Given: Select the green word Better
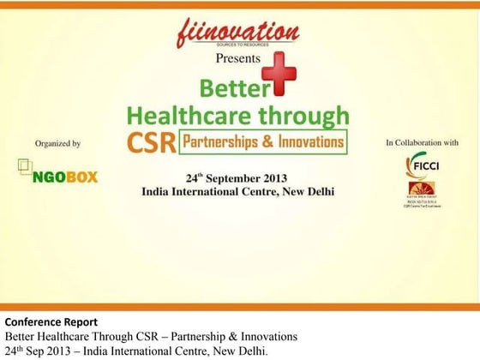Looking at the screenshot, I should click(x=230, y=89).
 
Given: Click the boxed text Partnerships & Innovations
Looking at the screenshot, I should click(x=262, y=141).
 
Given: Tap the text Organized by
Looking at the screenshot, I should click(x=57, y=144).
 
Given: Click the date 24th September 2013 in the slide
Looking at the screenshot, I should click(x=239, y=177).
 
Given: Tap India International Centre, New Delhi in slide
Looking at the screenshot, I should click(x=238, y=191).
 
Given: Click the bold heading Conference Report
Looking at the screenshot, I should click(x=51, y=322).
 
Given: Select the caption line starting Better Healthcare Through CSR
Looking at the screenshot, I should click(x=151, y=336).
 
